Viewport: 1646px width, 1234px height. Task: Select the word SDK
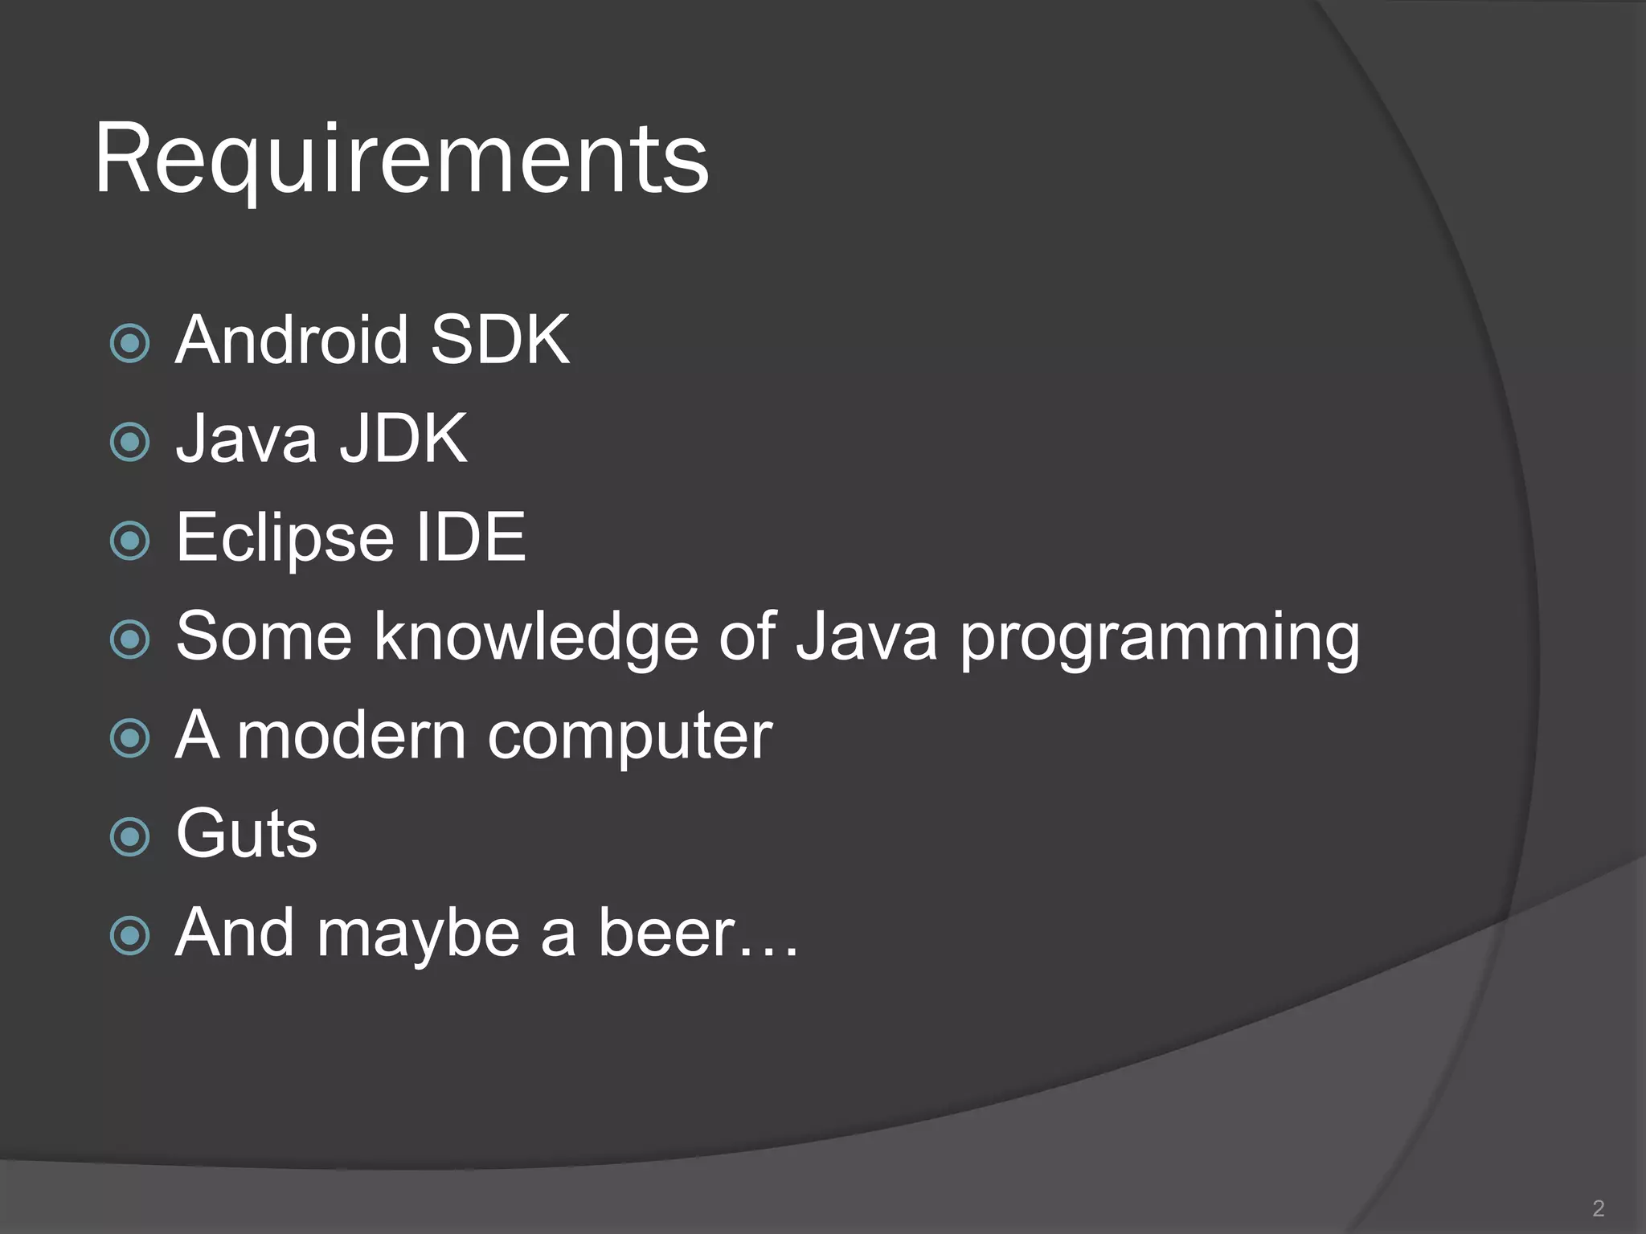pos(500,340)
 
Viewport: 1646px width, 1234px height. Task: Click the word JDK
pos(403,439)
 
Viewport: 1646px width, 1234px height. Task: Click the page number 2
pos(1598,1208)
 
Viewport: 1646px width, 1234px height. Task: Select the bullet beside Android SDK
pos(130,344)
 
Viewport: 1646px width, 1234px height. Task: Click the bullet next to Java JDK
pos(130,443)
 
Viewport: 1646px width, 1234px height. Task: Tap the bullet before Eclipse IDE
pos(130,541)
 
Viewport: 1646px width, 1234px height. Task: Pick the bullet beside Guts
pos(130,837)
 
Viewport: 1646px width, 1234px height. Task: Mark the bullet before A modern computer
pos(130,739)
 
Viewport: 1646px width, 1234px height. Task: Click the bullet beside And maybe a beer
pos(130,936)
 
